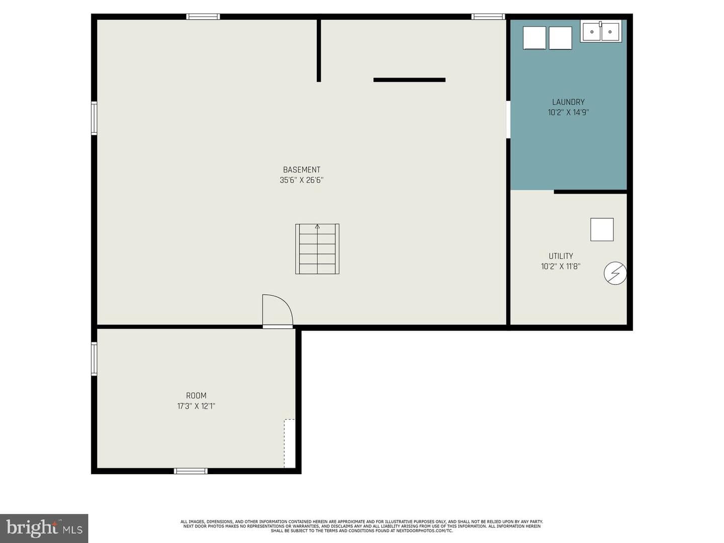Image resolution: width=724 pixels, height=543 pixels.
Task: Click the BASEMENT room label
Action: click(301, 170)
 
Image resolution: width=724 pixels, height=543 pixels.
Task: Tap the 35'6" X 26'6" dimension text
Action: click(301, 180)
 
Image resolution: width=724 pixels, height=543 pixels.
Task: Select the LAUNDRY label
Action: click(568, 102)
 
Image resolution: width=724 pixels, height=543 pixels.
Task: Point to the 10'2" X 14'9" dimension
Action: click(568, 113)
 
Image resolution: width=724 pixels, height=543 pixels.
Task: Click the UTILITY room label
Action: click(561, 256)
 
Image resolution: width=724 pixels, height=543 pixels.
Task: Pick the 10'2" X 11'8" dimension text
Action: click(561, 266)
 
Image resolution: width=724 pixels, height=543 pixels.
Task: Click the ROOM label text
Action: click(196, 396)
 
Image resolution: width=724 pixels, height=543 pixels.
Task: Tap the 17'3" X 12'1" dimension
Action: click(196, 406)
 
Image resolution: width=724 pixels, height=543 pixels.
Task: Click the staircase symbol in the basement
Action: click(317, 249)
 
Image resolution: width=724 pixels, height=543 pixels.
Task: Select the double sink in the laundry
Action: click(601, 31)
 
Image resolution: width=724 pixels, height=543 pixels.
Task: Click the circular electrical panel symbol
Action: click(615, 273)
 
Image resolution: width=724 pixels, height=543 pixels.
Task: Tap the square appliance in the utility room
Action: click(602, 229)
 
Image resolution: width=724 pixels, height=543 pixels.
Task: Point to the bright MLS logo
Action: click(44, 528)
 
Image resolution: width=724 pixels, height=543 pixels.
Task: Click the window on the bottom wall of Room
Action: click(191, 471)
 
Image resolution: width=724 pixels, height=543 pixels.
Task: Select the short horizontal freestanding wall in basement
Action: click(409, 80)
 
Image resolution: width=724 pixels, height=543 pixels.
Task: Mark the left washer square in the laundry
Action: click(534, 38)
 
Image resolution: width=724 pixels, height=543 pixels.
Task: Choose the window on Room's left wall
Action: click(94, 358)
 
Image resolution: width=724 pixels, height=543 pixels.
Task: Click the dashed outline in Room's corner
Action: click(289, 443)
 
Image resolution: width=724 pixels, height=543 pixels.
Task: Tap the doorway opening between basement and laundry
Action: click(508, 119)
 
